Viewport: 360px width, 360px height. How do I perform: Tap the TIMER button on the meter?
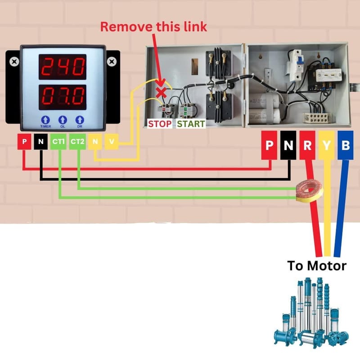click(46, 120)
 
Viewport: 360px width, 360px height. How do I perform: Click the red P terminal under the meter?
click(24, 142)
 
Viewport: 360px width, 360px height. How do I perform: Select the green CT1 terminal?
click(58, 142)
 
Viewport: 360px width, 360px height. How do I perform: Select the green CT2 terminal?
click(77, 142)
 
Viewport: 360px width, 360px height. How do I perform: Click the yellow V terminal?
click(112, 142)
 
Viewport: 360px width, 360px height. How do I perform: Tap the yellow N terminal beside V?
click(95, 142)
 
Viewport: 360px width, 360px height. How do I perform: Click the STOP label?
click(160, 123)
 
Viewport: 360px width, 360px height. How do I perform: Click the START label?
click(191, 123)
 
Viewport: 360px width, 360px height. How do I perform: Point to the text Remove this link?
click(153, 26)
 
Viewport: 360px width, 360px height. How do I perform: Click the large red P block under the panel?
click(270, 145)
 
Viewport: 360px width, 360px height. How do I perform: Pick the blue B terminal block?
click(346, 145)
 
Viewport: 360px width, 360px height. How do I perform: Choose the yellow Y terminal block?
click(326, 145)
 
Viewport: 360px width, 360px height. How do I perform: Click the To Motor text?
click(317, 265)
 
